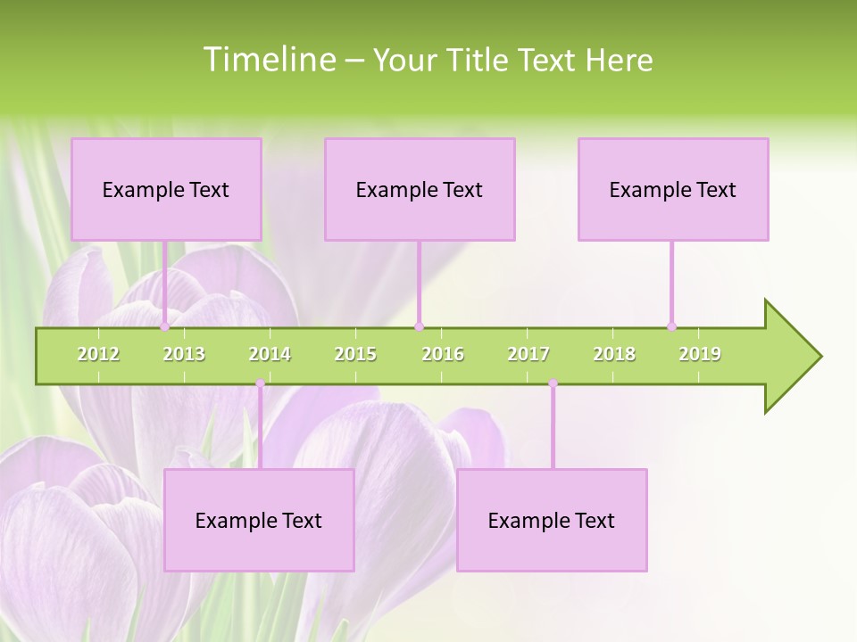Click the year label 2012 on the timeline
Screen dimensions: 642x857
[x=98, y=354]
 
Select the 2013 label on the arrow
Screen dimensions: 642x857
[x=184, y=354]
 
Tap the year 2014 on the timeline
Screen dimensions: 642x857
[x=270, y=354]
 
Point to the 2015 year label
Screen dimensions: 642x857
[x=355, y=354]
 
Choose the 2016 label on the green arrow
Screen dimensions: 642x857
[x=443, y=354]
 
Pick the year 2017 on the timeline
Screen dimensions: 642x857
[x=528, y=354]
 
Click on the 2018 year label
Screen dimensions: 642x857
[x=614, y=354]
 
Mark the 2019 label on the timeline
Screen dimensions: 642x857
[x=700, y=354]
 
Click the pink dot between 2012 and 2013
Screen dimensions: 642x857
[x=165, y=326]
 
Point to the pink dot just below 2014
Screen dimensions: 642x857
[x=260, y=383]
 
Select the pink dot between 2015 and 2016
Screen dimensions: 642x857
[x=419, y=326]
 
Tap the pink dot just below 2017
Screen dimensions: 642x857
[x=553, y=383]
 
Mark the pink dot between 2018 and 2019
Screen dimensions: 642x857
[x=672, y=326]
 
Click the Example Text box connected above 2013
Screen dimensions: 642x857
[x=166, y=189]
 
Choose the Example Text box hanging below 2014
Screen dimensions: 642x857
[x=259, y=520]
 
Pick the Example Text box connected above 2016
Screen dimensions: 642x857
[x=420, y=189]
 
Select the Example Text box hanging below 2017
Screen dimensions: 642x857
[x=552, y=520]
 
